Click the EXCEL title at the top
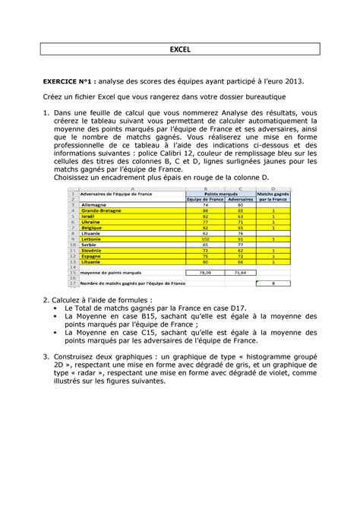pyautogui.click(x=179, y=51)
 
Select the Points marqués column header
pyautogui.click(x=222, y=194)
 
